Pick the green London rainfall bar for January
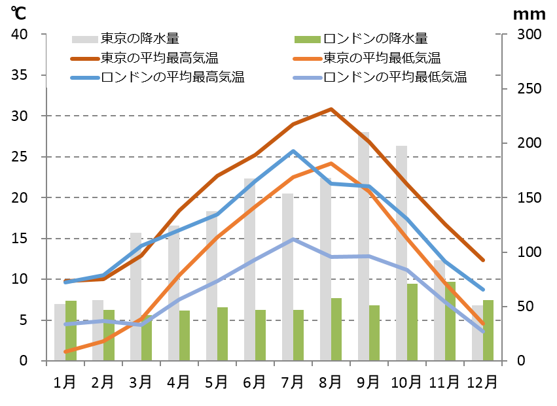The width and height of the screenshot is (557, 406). tap(71, 331)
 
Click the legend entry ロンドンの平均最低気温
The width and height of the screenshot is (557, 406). tap(395, 78)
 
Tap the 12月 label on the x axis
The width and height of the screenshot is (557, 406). tap(482, 380)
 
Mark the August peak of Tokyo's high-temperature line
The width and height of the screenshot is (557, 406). tap(331, 109)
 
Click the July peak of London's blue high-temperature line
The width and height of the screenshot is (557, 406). tap(293, 151)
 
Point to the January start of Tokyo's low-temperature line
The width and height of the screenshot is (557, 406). tap(65, 352)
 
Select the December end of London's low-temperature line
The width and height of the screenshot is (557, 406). tap(483, 332)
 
